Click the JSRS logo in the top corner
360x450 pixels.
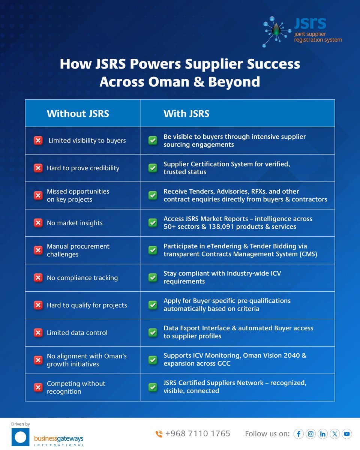[302, 32]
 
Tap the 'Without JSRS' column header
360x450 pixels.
[78, 114]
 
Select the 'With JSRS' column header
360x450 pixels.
[186, 114]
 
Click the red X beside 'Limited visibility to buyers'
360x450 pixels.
[38, 141]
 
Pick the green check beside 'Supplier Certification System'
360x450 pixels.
[153, 168]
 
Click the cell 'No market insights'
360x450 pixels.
[75, 223]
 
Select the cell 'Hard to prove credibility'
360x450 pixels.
[83, 168]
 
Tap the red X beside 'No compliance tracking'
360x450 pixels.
[38, 278]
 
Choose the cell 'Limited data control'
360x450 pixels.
[77, 333]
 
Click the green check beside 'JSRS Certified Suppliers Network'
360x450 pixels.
[153, 387]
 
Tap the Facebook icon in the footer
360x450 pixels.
[298, 434]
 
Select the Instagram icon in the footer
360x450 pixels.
[310, 434]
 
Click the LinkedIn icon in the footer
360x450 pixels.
[322, 434]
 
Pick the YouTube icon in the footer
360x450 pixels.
[346, 434]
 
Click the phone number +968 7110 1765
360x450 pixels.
[198, 433]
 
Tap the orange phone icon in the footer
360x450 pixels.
[159, 434]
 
